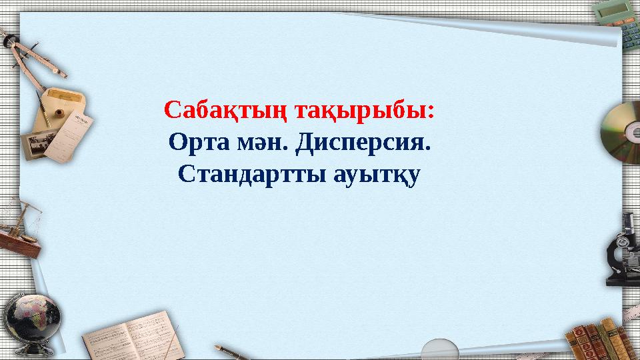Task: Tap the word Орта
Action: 199,143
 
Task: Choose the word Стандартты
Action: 252,174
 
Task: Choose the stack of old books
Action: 603,339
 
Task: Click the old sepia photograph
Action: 39,144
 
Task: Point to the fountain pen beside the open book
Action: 231,352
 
